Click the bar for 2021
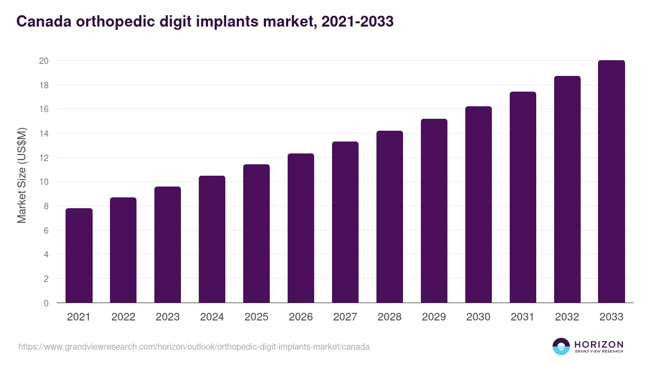pos(79,255)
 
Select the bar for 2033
pos(612,182)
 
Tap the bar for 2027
pos(345,222)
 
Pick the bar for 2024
pos(212,239)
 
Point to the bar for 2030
pos(478,204)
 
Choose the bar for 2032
pos(567,189)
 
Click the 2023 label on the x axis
pos(167,317)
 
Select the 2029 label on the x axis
pos(434,317)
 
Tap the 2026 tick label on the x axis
pos(301,317)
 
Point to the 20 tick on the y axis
pos(44,61)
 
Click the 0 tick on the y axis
pos(46,303)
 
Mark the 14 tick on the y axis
pos(44,133)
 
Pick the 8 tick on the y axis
pos(46,206)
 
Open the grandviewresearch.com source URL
pos(194,346)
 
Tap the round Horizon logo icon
pos(561,346)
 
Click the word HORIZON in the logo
pos(599,344)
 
